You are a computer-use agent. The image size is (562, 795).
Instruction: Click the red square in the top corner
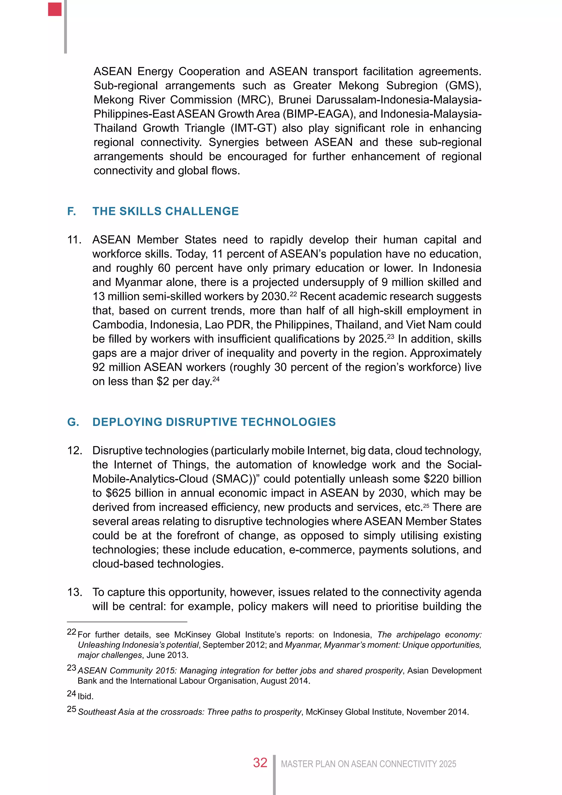pos(55,9)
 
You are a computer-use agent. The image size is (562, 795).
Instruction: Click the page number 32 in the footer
pos(260,763)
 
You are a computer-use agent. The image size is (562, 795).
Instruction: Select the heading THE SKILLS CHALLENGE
pos(165,211)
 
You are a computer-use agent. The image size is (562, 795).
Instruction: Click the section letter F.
pos(71,211)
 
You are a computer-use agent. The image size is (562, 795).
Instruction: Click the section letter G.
pos(73,422)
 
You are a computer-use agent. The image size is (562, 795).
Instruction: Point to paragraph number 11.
pos(74,240)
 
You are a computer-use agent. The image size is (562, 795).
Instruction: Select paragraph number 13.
pos(74,592)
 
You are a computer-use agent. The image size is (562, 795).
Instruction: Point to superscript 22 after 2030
pos(293,294)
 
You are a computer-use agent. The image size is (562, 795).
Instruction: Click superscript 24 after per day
pos(216,379)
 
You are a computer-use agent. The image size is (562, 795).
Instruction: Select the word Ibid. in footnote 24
pos(85,696)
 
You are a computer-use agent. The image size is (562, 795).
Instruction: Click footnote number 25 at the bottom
pos(71,709)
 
